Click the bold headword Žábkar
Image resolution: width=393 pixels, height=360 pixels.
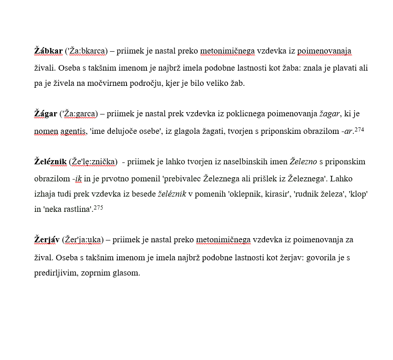click(x=48, y=51)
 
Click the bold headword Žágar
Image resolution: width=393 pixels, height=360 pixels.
click(x=46, y=114)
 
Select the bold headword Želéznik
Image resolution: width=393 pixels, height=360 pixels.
click(x=50, y=162)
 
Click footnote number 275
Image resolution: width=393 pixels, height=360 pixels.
click(x=98, y=208)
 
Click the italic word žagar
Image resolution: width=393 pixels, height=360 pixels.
click(x=329, y=114)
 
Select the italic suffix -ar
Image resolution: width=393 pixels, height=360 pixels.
click(x=347, y=131)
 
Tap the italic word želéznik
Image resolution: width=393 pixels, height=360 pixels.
click(x=172, y=194)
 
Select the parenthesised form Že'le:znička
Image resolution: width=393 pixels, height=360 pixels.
click(x=93, y=162)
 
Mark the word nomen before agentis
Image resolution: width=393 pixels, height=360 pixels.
click(x=46, y=131)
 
